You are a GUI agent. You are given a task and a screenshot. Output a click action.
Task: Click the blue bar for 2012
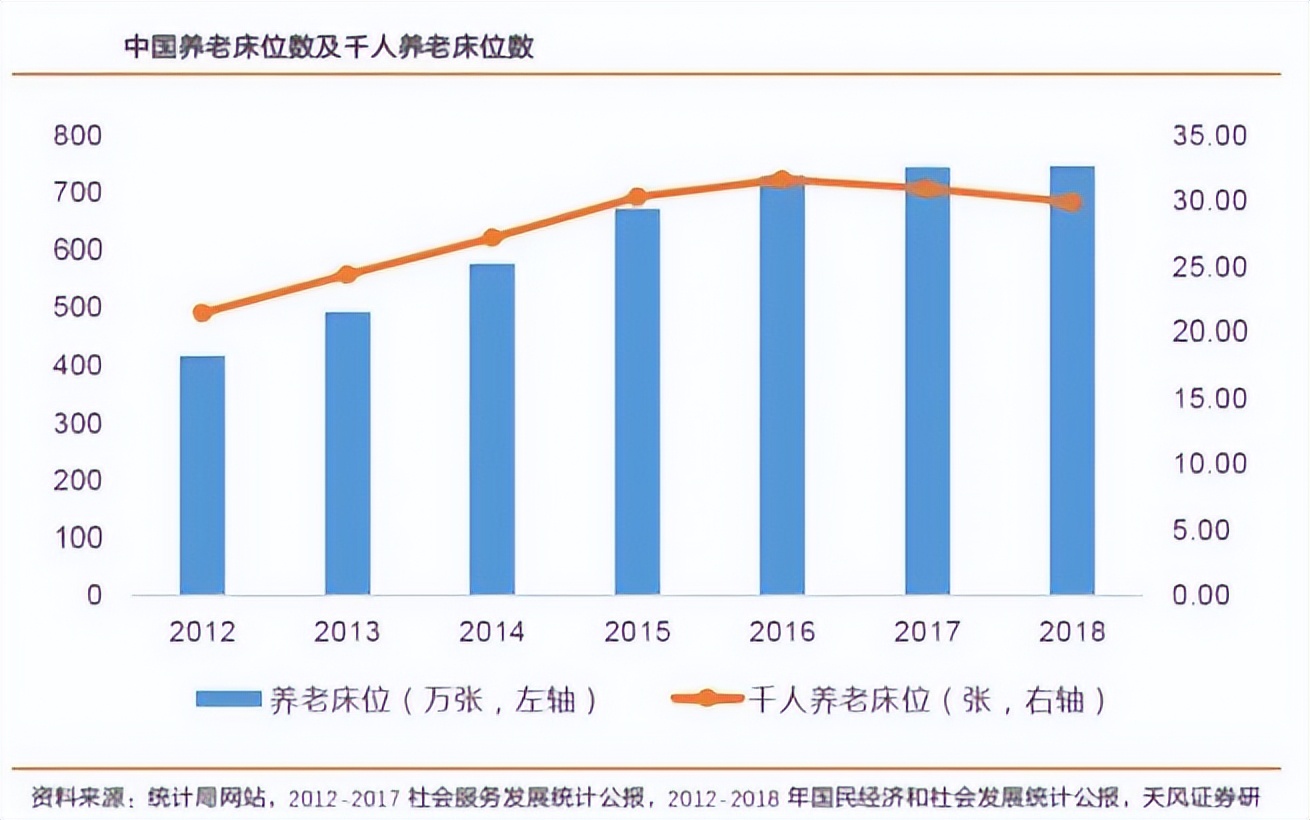(x=202, y=475)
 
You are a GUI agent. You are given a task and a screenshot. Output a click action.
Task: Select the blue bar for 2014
(x=492, y=429)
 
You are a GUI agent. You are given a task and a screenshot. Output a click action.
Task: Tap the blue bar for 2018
(x=1071, y=380)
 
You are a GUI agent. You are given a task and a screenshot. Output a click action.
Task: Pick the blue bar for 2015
(x=637, y=401)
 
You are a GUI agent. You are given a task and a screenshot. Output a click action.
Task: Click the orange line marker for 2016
(x=782, y=180)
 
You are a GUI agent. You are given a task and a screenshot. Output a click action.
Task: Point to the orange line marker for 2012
(x=202, y=313)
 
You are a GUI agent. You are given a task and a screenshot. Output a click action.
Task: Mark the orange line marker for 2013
(x=347, y=275)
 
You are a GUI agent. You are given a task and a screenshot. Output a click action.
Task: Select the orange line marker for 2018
(x=1071, y=202)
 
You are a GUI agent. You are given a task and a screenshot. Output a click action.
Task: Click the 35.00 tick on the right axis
(x=1210, y=136)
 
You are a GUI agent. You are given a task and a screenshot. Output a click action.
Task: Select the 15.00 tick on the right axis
(x=1210, y=398)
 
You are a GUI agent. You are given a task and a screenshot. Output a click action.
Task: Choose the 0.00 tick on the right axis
(x=1210, y=595)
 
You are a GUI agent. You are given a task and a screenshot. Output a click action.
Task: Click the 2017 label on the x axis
(x=926, y=632)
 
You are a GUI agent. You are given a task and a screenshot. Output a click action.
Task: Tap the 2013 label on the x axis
(x=347, y=632)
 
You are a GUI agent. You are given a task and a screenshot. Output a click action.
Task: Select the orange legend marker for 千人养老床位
(x=706, y=699)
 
